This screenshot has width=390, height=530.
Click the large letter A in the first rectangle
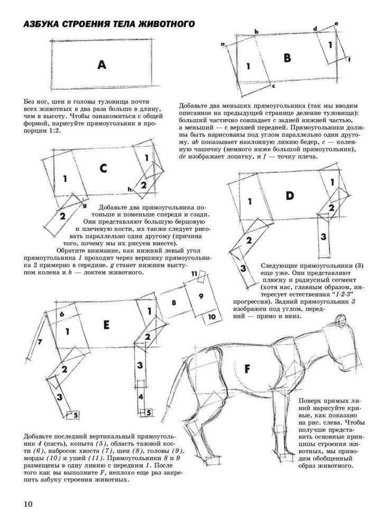102,65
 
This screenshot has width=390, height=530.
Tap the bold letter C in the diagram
103,168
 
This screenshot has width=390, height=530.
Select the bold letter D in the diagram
289,196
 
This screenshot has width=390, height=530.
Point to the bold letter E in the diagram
106,325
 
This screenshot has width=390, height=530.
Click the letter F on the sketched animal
247,368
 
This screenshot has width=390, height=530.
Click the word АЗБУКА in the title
39,25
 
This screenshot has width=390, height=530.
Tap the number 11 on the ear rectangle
194,273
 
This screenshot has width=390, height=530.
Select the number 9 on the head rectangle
201,296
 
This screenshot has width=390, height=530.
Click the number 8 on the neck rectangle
173,302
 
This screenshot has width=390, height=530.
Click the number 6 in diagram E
61,314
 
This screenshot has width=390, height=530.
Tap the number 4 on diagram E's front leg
141,396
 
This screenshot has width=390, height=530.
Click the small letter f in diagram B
349,60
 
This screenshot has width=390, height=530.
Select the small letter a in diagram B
223,43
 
